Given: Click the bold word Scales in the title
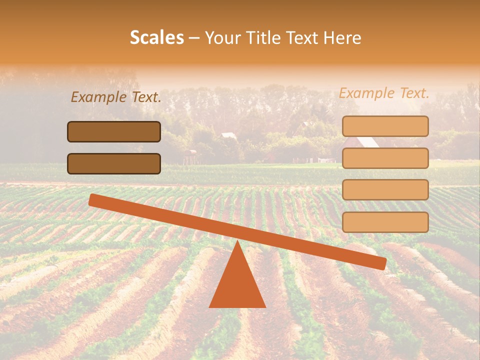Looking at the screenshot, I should pyautogui.click(x=156, y=37).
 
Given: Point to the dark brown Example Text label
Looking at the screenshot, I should pyautogui.click(x=116, y=97).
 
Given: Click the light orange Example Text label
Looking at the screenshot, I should pyautogui.click(x=384, y=93).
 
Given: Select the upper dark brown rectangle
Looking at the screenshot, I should pyautogui.click(x=114, y=131).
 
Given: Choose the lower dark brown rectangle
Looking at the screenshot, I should pyautogui.click(x=114, y=163).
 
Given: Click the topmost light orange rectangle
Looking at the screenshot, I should pyautogui.click(x=385, y=126).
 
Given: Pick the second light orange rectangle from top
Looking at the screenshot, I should pyautogui.click(x=385, y=158).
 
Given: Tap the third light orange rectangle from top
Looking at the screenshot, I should pyautogui.click(x=385, y=189).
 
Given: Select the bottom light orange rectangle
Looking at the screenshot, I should pyautogui.click(x=385, y=222).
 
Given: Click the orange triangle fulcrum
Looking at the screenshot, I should pyautogui.click(x=237, y=282).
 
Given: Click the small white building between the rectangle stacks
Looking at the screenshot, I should pyautogui.click(x=228, y=135).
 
